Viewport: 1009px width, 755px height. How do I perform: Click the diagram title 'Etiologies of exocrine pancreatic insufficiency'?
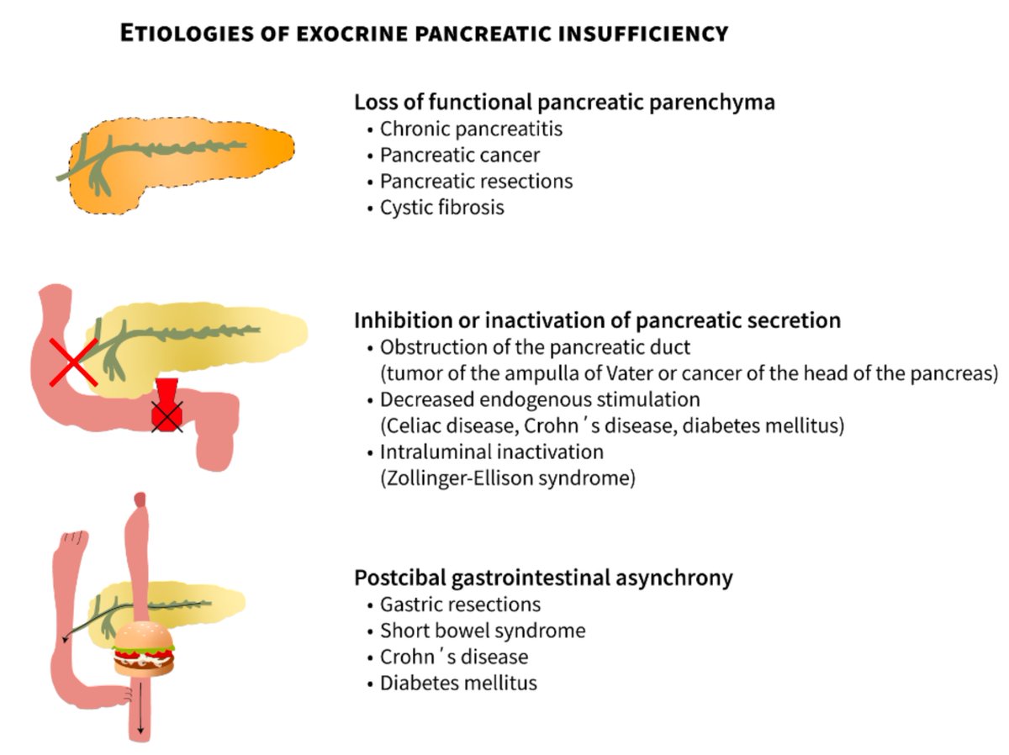pos(424,34)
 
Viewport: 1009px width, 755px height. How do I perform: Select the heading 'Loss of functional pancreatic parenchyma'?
pos(564,103)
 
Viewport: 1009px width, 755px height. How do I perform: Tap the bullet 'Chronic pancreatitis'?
pos(471,129)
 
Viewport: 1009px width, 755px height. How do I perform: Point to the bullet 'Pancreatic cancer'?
pos(460,156)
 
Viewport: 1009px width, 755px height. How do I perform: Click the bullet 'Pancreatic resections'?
pos(476,181)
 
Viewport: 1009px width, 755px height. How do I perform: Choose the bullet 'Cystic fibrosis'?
pos(441,207)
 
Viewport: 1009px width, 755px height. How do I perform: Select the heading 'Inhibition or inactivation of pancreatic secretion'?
pos(597,320)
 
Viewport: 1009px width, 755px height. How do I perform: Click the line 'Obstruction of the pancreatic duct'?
pos(534,347)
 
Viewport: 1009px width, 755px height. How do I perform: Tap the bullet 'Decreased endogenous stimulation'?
pos(540,399)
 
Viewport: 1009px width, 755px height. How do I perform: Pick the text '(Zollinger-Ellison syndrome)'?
pos(507,478)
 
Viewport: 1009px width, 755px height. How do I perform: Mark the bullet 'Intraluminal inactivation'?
pos(492,451)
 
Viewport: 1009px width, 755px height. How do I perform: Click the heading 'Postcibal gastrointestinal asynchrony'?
pos(543,578)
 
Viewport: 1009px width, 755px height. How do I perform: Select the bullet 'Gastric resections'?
pos(460,605)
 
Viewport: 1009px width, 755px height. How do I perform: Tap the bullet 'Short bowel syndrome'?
pos(483,631)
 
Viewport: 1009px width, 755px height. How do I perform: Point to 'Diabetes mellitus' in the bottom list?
pos(458,683)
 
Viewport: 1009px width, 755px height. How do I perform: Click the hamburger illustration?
pos(144,650)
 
